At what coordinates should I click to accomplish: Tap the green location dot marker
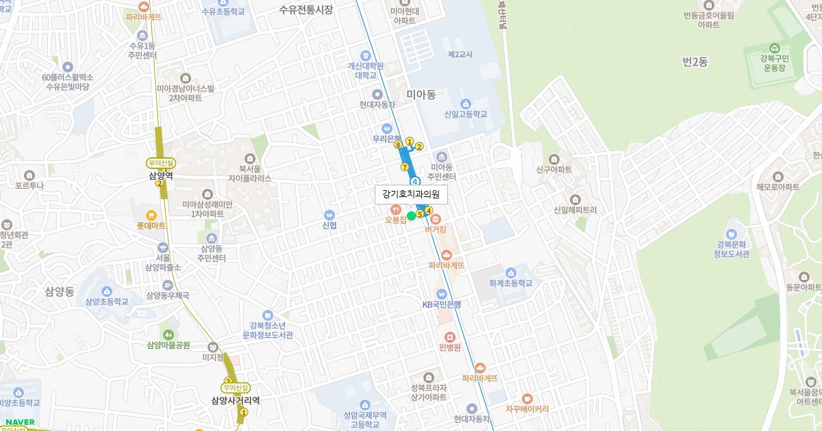[412, 216]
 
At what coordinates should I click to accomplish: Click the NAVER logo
[20, 422]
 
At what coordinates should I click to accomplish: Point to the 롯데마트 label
[151, 225]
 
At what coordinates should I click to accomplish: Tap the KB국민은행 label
[442, 304]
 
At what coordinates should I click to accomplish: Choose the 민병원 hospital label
[449, 347]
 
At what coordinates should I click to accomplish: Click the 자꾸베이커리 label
[527, 409]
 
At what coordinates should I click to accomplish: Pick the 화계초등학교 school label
[510, 283]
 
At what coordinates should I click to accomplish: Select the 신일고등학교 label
[465, 114]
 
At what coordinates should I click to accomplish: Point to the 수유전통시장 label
[306, 10]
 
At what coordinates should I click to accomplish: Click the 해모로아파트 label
[777, 187]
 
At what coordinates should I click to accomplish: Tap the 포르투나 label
[29, 185]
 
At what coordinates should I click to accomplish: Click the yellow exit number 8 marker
[397, 144]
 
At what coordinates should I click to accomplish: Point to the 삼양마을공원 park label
[168, 345]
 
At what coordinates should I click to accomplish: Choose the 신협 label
[329, 225]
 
